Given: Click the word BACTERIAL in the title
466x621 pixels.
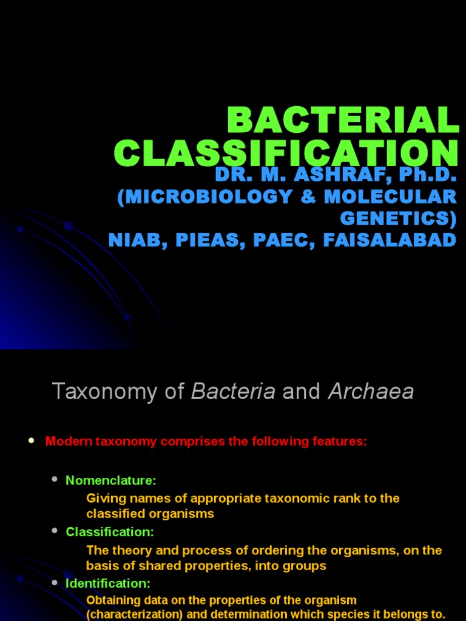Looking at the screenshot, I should tap(343, 121).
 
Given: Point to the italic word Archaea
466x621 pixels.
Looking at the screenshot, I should tap(371, 392).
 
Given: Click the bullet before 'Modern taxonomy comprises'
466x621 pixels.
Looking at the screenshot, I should tap(32, 441).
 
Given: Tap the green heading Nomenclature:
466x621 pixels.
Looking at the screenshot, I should tap(111, 480).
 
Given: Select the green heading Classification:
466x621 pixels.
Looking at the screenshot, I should tap(110, 532).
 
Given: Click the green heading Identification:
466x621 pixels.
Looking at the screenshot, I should tap(108, 583).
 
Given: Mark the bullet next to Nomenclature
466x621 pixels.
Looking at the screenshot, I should tap(54, 480).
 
